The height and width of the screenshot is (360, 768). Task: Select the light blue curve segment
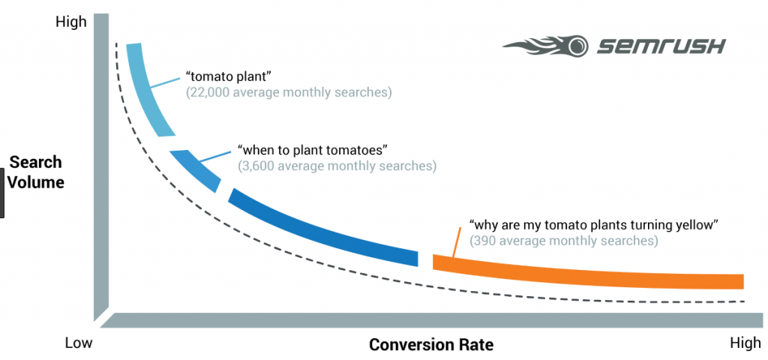(x=147, y=88)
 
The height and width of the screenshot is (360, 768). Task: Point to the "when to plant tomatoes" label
(x=310, y=150)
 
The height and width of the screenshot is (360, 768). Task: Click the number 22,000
(x=208, y=92)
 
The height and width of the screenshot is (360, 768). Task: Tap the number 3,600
(x=256, y=166)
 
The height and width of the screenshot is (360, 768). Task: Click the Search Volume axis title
(x=37, y=172)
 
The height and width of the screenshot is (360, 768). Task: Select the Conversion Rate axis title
(x=431, y=344)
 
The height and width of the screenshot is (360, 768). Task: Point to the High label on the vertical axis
(x=71, y=22)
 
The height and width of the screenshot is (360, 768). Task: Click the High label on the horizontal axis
(x=745, y=343)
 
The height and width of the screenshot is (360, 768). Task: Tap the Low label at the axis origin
(x=78, y=343)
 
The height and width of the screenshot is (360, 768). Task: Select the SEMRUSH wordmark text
(x=661, y=46)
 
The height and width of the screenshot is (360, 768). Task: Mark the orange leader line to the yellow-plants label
(x=456, y=242)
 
